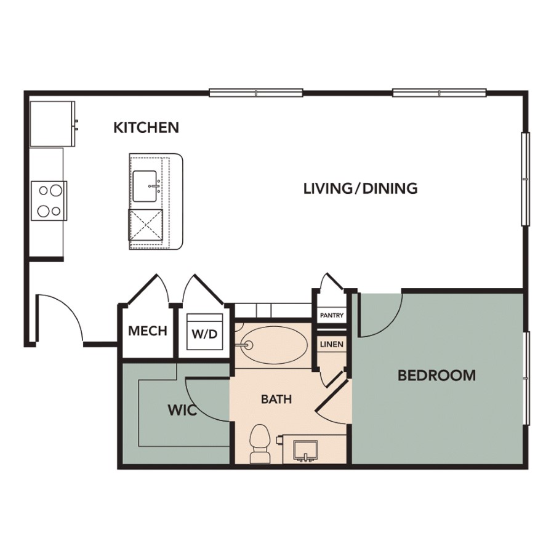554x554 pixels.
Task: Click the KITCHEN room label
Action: point(147,127)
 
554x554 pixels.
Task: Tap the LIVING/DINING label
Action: point(361,188)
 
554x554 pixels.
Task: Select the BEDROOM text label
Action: point(436,375)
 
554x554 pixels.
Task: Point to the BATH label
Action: point(276,399)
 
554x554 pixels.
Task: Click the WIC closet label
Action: point(182,410)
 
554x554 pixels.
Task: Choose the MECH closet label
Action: point(148,331)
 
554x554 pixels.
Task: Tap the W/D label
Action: point(204,334)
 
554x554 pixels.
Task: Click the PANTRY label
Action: point(332,315)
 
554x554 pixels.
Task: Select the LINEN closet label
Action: point(332,344)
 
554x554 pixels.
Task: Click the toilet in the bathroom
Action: point(260,444)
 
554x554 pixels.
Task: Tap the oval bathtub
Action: point(275,345)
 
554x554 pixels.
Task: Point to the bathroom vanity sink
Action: point(306,451)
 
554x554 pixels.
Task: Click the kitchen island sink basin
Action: point(145,186)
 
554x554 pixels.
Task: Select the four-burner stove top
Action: point(49,201)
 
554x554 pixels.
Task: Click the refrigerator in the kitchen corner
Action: point(52,124)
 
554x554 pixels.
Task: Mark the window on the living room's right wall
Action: point(526,179)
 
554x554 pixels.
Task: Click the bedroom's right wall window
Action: point(526,379)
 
